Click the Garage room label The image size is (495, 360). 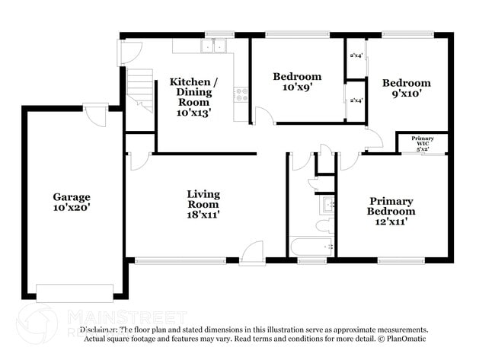tap(72, 202)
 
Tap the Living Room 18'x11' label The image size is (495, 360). tap(203, 204)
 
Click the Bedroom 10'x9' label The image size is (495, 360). tap(297, 81)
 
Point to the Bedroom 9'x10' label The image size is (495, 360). tap(406, 88)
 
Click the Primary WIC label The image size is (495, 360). tap(422, 144)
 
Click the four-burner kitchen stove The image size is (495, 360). tap(241, 95)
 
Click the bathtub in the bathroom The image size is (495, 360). tap(311, 247)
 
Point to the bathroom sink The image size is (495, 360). tap(328, 204)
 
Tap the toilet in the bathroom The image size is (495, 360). tap(323, 225)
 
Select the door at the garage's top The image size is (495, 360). tap(95, 116)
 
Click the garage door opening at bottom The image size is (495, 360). tap(75, 292)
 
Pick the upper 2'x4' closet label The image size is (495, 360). tap(356, 56)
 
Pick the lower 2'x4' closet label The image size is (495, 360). tap(356, 100)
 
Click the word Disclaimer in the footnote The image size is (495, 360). tap(100, 330)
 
